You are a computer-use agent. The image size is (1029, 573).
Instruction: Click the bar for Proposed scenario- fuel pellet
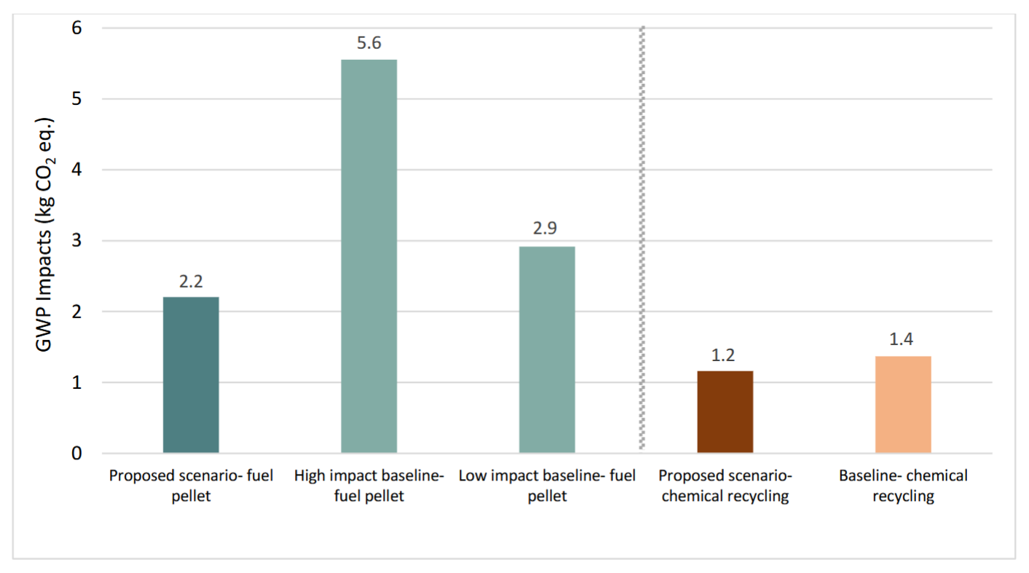[191, 375]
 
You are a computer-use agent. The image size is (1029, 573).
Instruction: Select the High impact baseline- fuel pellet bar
[369, 256]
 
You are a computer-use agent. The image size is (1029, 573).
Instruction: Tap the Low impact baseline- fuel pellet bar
[547, 349]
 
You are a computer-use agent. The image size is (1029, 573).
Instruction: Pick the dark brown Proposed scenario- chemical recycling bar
[725, 412]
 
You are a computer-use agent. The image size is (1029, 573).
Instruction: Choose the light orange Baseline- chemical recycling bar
[903, 405]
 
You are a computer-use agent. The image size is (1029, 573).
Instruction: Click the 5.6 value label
[369, 43]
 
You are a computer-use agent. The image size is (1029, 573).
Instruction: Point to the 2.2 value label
[191, 281]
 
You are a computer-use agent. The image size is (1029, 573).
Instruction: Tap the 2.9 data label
[547, 229]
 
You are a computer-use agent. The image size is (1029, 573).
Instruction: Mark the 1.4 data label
[903, 340]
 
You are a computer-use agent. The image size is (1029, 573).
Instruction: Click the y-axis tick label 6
[76, 28]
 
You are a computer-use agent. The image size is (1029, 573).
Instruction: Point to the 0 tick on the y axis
[76, 454]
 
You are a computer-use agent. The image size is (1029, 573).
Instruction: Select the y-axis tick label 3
[76, 241]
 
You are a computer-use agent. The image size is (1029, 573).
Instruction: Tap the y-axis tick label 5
[76, 99]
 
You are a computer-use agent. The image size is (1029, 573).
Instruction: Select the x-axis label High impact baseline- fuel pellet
[369, 486]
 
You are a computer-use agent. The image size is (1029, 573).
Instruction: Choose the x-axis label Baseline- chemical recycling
[903, 486]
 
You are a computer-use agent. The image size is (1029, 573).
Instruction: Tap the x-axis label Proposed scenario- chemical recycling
[725, 486]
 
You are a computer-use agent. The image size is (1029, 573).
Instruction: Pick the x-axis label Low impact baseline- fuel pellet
[547, 486]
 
